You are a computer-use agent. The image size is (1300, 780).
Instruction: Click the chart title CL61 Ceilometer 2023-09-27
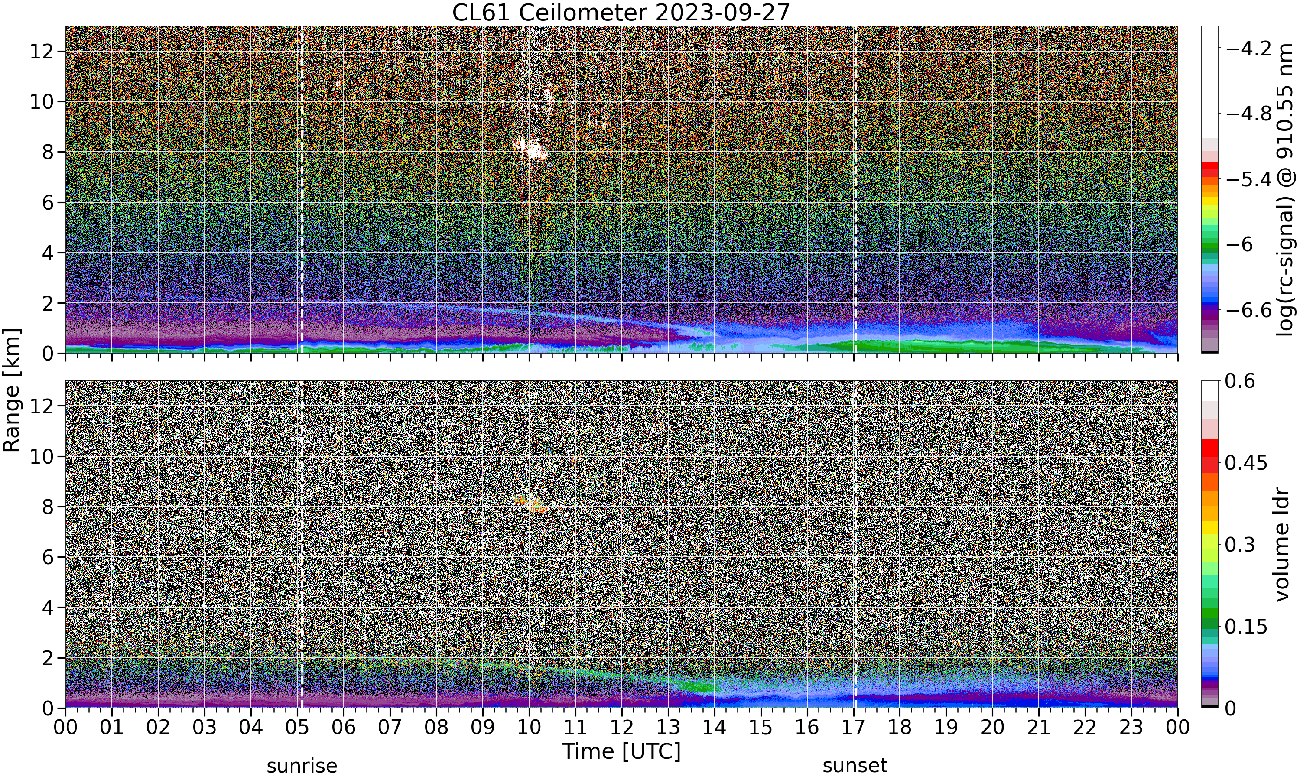click(621, 13)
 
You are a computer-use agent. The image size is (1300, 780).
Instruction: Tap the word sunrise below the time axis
click(302, 766)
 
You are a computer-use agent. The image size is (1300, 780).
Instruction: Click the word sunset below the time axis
click(855, 766)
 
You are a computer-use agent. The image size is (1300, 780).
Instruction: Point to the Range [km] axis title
click(12, 390)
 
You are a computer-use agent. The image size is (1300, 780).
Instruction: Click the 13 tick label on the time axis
click(668, 728)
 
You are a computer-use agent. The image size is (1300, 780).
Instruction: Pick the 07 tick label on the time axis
click(390, 728)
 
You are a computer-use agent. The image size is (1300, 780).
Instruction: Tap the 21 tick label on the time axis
click(1039, 728)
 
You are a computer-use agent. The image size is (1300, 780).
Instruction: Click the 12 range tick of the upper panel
click(42, 52)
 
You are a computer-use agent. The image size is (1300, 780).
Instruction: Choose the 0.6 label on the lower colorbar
click(1240, 381)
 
